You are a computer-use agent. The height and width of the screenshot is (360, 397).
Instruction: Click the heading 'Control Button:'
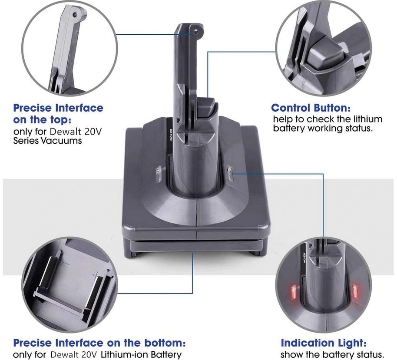(311, 108)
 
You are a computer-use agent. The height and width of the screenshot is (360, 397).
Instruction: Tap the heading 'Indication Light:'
(324, 343)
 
